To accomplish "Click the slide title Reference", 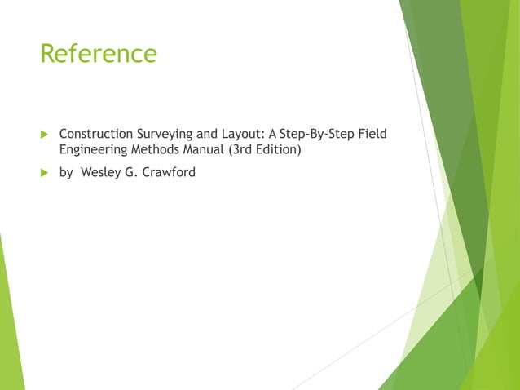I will tap(98, 54).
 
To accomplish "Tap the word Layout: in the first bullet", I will tap(240, 134).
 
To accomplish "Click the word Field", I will tap(372, 134).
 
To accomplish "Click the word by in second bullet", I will tap(66, 172).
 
